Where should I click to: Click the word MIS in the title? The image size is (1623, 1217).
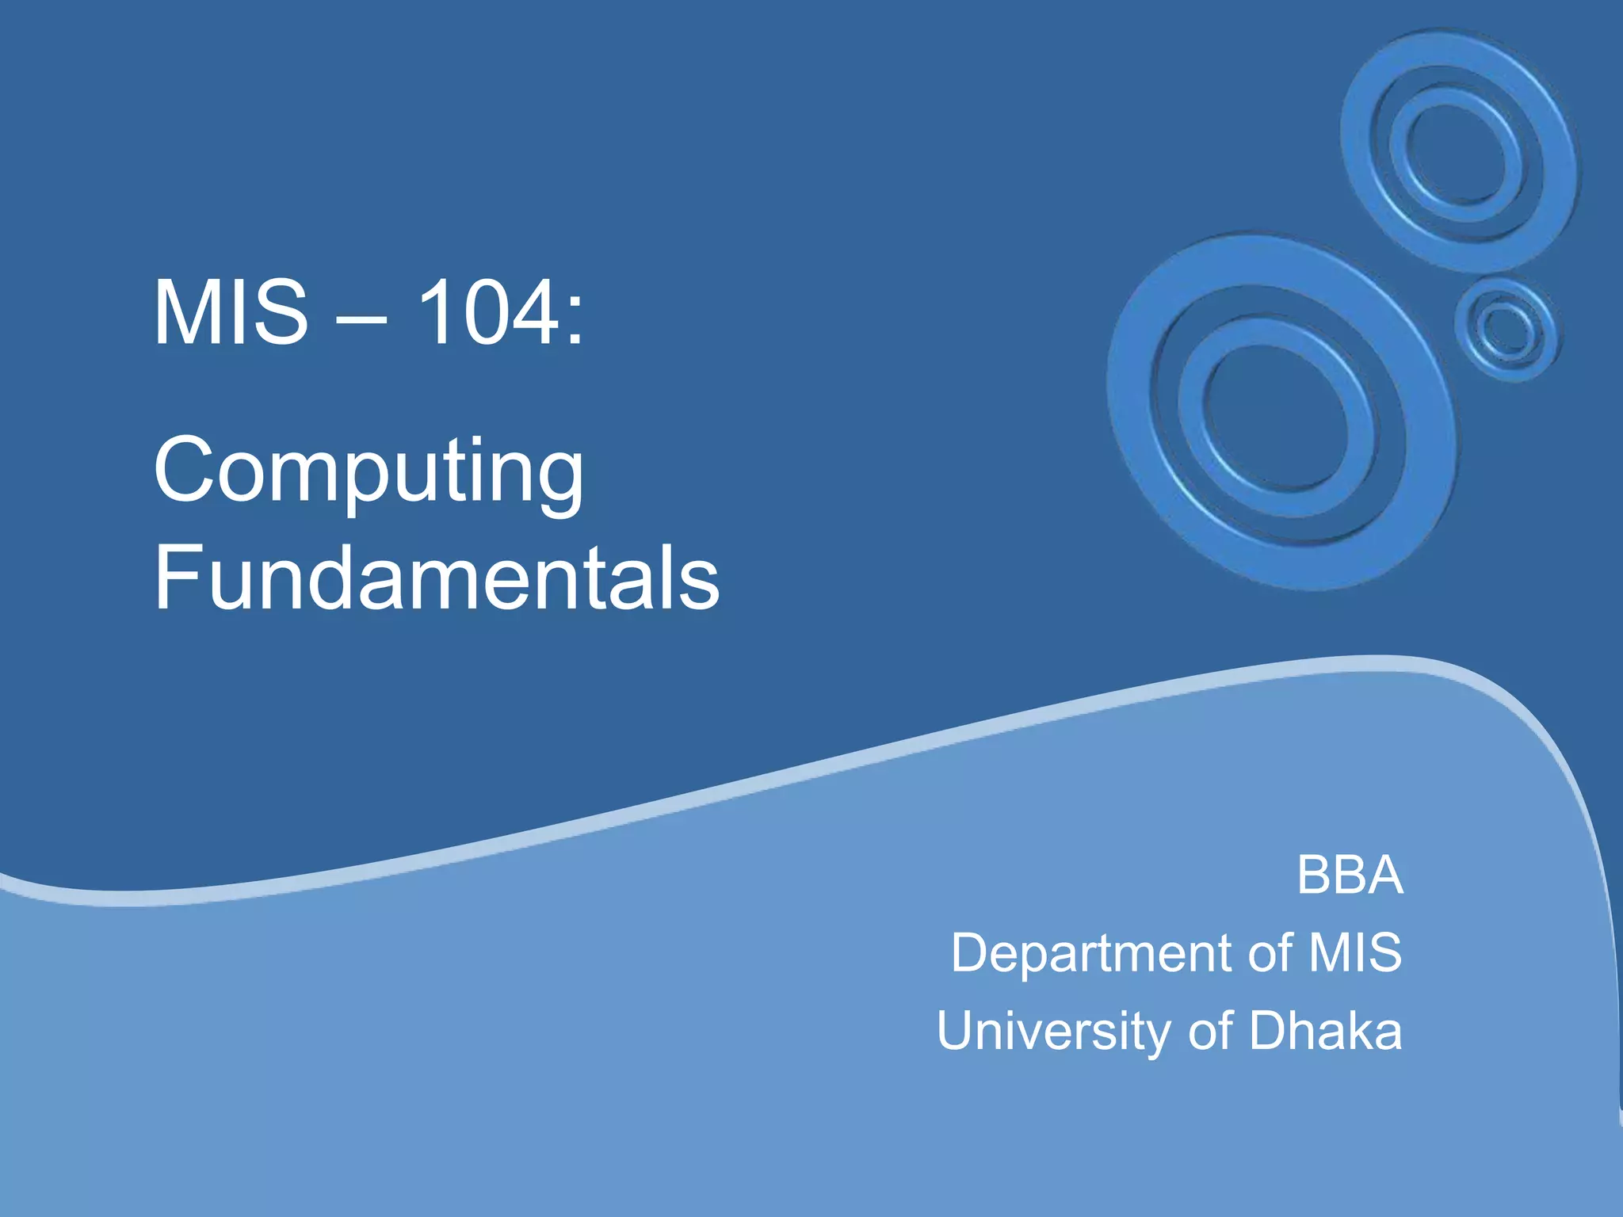coord(230,312)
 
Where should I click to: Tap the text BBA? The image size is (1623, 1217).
coord(1350,876)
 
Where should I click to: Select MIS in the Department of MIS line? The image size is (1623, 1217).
coord(1355,952)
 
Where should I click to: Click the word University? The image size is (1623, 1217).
coord(1055,1032)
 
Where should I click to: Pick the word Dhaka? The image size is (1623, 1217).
coord(1325,1031)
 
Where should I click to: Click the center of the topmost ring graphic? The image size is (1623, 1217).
coord(1457,151)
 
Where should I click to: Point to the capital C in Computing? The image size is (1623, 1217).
coord(184,469)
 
